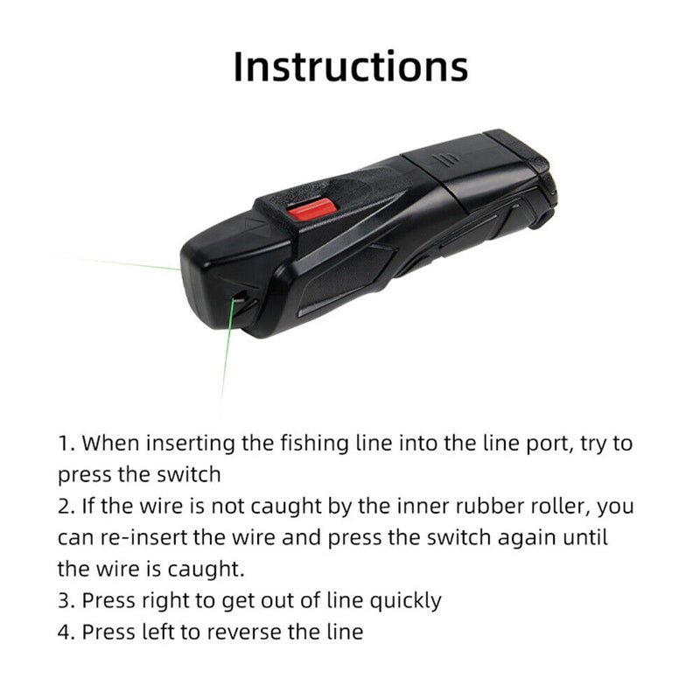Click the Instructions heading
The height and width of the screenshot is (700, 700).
click(350, 66)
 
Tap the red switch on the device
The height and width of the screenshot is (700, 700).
click(312, 209)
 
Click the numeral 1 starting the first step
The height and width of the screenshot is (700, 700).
click(64, 444)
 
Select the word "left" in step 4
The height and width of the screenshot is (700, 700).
click(160, 632)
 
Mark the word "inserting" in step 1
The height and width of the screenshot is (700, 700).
click(189, 444)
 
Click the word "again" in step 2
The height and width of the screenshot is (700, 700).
click(525, 538)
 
